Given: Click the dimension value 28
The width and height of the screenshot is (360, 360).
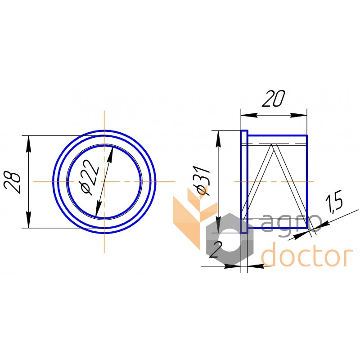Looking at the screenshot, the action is [13, 182].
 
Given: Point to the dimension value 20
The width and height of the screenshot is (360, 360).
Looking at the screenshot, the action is [273, 99].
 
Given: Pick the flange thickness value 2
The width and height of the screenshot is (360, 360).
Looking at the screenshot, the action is [216, 250].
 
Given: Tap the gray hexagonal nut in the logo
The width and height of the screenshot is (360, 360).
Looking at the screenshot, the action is [229, 239].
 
